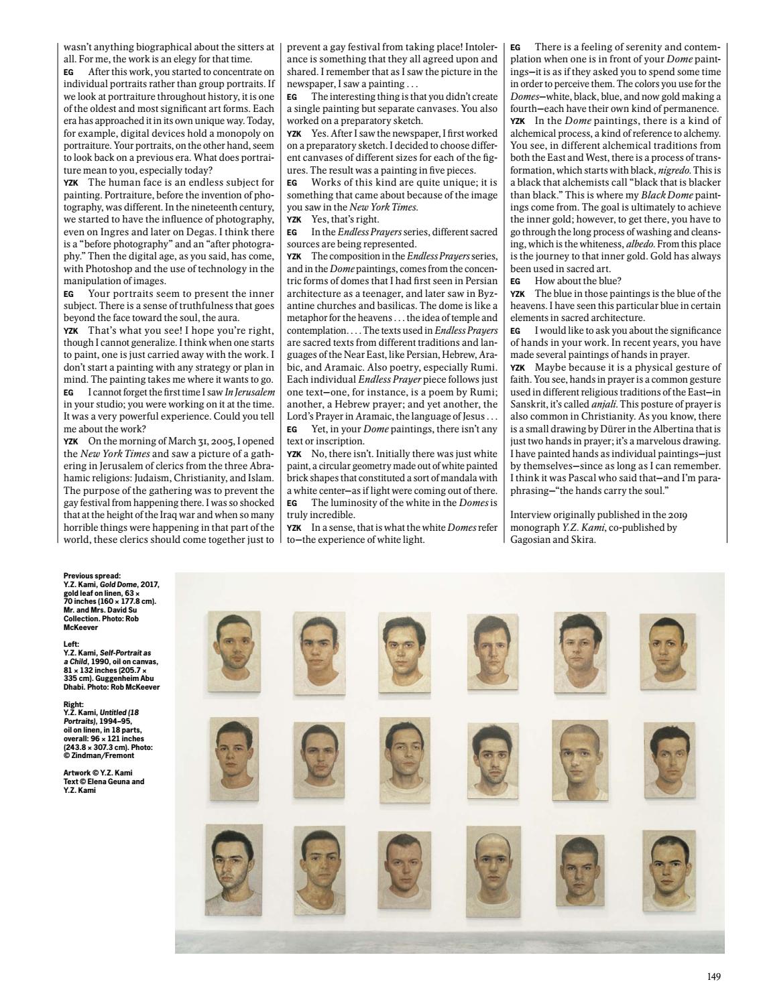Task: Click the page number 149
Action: click(714, 977)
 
